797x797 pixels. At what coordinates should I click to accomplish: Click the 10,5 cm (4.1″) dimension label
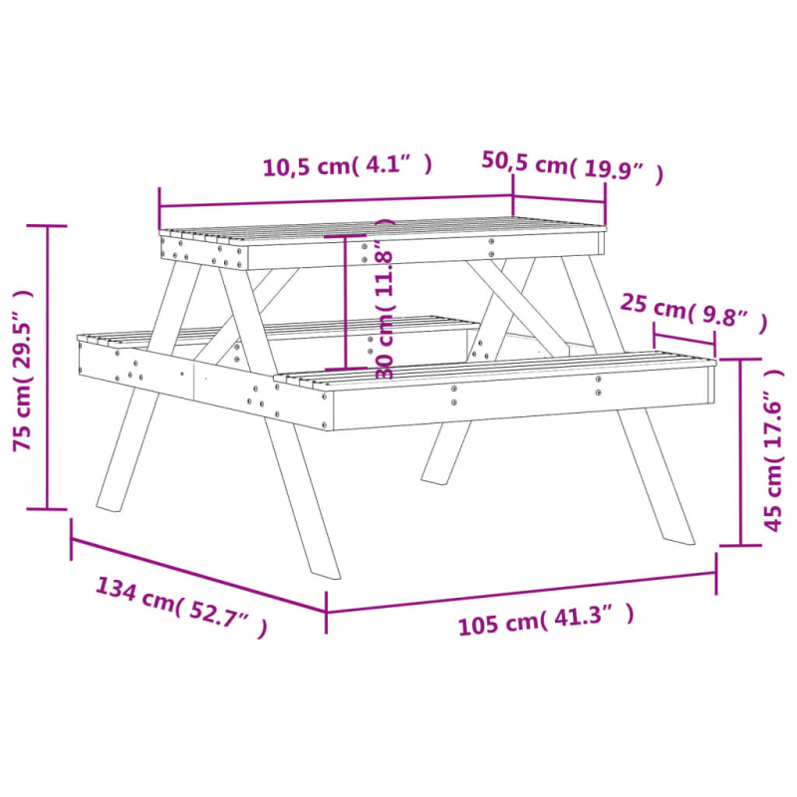(x=347, y=166)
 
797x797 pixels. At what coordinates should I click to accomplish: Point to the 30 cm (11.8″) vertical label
(x=385, y=299)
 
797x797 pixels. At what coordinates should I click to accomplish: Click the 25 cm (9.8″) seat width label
(x=693, y=311)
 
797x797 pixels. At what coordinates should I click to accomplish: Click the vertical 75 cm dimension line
(x=47, y=369)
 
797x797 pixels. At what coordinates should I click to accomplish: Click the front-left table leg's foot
(x=324, y=570)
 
